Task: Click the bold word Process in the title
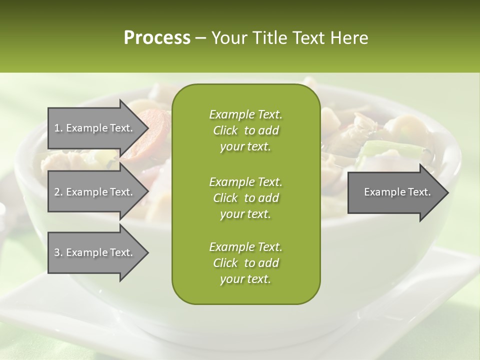tap(157, 37)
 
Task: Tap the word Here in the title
tap(349, 37)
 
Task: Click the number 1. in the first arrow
tap(58, 128)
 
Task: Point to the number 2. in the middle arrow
tap(58, 192)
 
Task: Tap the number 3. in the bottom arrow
tap(58, 252)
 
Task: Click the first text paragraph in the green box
tap(245, 130)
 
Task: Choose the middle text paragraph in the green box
tap(245, 197)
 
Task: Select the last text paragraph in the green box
tap(245, 263)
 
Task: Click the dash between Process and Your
tap(200, 38)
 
